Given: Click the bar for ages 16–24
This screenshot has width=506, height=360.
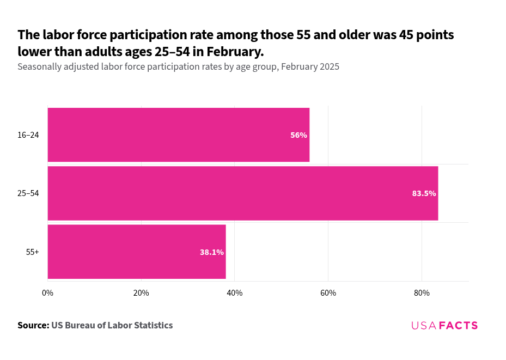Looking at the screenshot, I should point(179,135).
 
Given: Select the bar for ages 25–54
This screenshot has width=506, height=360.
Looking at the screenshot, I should point(242,193).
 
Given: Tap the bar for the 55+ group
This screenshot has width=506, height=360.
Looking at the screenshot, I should point(136,252).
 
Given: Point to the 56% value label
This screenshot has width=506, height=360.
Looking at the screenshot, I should point(298,135).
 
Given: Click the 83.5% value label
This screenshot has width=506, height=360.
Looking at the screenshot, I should point(424,193).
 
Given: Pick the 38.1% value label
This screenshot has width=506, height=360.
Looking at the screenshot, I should point(211,252).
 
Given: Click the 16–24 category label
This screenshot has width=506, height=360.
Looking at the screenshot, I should point(28,135).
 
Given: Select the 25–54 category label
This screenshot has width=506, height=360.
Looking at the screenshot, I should point(28,193).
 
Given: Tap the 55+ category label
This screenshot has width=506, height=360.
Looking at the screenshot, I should point(32,252).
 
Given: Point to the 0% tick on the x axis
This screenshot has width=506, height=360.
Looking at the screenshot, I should point(48,293).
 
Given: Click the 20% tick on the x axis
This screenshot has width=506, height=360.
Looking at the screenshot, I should point(141,293).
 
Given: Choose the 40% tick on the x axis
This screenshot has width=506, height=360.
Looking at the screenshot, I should point(235,293).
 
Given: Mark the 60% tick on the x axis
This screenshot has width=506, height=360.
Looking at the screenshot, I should point(328,293).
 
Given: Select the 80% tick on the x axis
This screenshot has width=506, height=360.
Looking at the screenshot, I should point(422,293).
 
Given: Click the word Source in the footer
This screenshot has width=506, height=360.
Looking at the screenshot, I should point(33,325).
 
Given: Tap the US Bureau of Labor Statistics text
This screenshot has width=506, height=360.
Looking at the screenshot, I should point(112,325).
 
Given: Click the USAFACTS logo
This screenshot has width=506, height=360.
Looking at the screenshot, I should point(444,325).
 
